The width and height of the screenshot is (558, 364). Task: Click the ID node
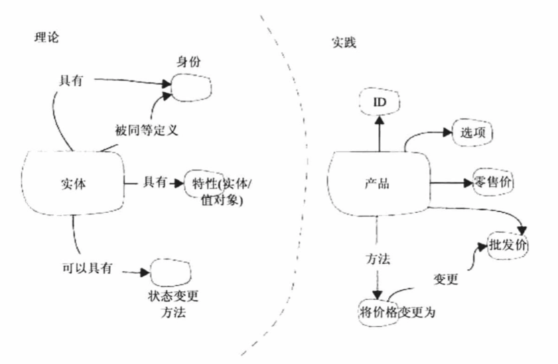[x=379, y=101]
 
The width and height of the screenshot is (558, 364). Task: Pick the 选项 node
[x=473, y=132]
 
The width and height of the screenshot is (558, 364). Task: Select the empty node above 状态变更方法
[x=170, y=272]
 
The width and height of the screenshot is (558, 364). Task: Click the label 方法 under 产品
[x=379, y=259]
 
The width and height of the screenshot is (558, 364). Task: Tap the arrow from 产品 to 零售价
[x=451, y=182]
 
